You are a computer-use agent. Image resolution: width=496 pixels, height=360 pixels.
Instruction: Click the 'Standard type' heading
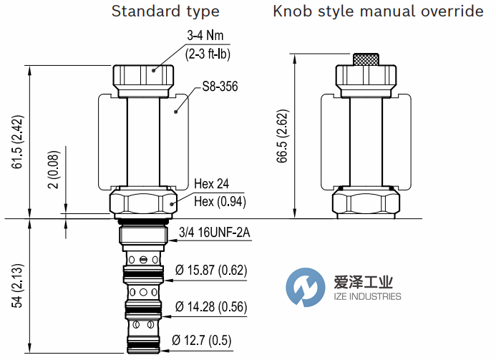165,11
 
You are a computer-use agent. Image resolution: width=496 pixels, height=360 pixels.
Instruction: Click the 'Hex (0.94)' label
220,201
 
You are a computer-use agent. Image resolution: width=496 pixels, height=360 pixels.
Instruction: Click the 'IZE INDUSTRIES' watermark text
368,296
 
